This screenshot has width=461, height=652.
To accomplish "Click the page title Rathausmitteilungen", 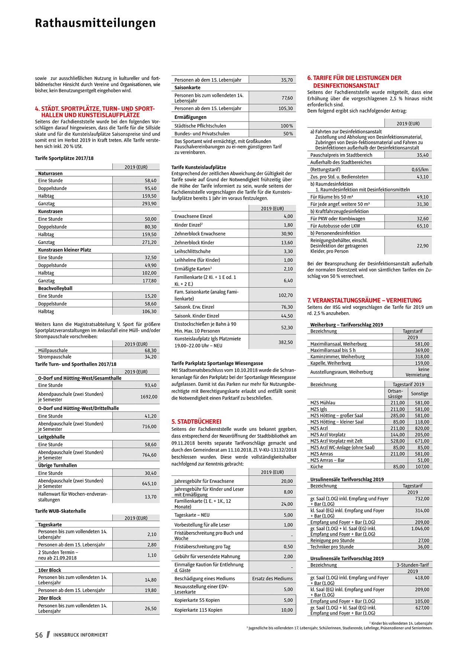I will [95, 23].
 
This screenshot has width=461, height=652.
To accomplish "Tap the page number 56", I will [39, 635].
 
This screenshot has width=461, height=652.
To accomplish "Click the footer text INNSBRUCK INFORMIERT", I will [81, 635].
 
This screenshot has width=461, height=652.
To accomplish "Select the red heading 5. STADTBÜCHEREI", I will [196, 422].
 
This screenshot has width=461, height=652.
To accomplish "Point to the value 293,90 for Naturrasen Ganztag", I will [150, 204].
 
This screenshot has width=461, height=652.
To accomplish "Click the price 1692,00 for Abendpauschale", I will [149, 397].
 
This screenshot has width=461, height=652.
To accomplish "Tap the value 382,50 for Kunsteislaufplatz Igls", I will [285, 342].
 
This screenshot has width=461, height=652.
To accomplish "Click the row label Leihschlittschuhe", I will [193, 251].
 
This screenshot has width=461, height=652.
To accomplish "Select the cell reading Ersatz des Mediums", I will [272, 578].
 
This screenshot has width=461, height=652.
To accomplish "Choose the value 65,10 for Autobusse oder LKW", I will [422, 226].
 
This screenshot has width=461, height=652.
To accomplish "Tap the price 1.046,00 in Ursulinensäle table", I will [420, 529].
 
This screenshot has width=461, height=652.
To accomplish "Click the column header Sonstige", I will [420, 394].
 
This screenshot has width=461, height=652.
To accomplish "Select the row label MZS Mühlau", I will [323, 403].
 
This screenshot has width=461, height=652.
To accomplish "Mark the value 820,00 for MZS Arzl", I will [422, 428].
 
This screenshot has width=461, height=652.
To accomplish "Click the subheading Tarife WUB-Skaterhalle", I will [61, 511].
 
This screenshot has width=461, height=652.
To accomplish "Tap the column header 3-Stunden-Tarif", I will [412, 565].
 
